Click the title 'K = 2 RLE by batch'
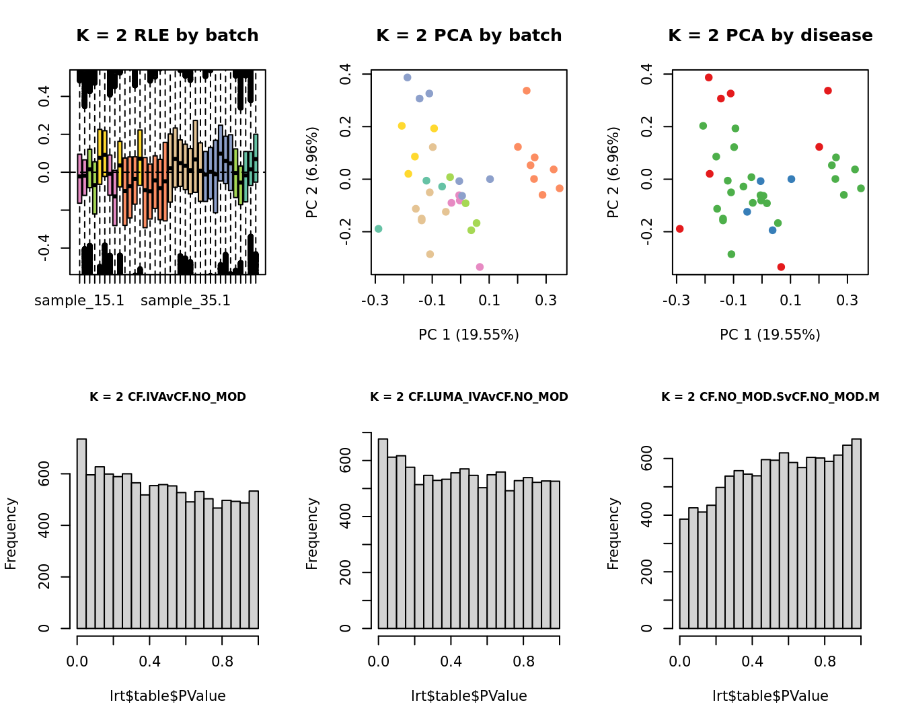(x=167, y=36)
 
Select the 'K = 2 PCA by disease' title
(x=770, y=36)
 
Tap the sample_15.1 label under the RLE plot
(x=79, y=301)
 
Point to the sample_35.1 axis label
(x=186, y=301)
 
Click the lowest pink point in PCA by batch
(x=480, y=267)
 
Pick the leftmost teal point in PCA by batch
(x=379, y=229)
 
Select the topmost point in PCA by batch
(x=407, y=77)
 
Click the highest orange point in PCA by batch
(x=527, y=91)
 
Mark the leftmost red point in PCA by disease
(x=680, y=229)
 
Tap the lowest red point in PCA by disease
(x=781, y=267)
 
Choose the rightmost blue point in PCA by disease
(x=791, y=179)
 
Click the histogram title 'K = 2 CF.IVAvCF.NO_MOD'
(x=167, y=397)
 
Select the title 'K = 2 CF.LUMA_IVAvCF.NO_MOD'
(x=469, y=397)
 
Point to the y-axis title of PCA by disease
(x=613, y=172)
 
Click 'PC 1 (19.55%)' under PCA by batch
(x=469, y=335)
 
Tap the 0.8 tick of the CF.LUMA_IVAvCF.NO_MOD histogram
(x=523, y=662)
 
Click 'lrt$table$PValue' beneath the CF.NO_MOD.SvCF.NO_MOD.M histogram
(x=770, y=696)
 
